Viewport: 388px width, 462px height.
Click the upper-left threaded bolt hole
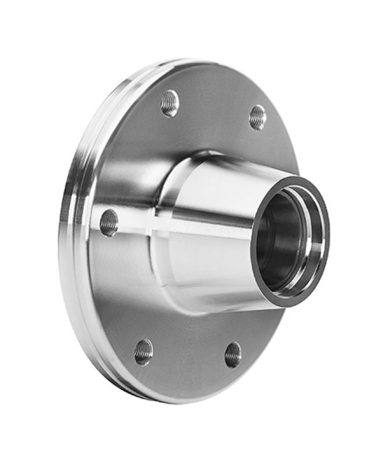tap(170, 103)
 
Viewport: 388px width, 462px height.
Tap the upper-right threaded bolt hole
tap(258, 117)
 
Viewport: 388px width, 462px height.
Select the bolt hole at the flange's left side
tap(109, 223)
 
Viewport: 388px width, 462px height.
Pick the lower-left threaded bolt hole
tap(143, 351)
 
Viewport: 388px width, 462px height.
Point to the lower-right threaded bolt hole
tap(233, 354)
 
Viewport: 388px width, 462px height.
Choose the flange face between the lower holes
tap(188, 358)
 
